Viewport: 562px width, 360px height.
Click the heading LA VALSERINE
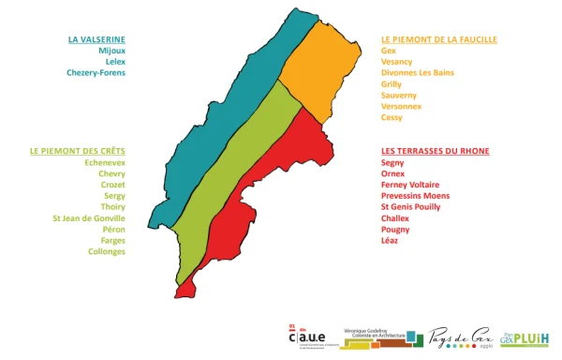click(x=96, y=39)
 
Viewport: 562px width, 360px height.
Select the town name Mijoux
click(x=111, y=51)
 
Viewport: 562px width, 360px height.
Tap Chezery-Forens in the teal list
click(x=96, y=72)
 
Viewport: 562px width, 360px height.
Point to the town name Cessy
click(x=392, y=117)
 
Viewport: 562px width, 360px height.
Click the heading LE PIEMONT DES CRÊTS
click(x=77, y=150)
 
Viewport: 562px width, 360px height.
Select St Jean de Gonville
click(x=89, y=217)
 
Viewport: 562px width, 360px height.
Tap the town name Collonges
click(x=107, y=251)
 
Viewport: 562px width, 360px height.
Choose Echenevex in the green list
click(x=105, y=161)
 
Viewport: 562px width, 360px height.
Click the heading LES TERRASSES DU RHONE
click(x=436, y=150)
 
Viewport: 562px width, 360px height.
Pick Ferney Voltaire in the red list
click(x=410, y=184)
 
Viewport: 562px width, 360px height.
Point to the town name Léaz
click(x=391, y=240)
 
